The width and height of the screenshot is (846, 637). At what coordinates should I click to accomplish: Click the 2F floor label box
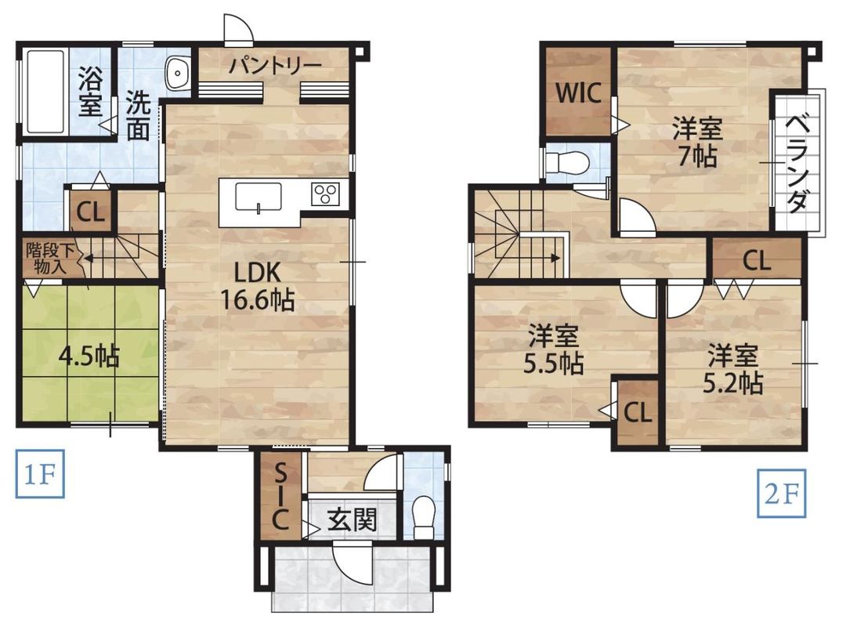781,494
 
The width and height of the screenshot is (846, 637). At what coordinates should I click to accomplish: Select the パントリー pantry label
275,65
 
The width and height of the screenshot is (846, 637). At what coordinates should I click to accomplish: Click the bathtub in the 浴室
45,91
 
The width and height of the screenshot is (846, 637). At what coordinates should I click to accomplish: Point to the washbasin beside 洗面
179,74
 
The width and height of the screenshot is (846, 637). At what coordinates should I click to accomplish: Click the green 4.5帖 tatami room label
89,357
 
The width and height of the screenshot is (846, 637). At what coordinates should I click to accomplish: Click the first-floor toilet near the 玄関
424,516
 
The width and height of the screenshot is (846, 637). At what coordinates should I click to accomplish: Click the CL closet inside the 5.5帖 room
638,413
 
